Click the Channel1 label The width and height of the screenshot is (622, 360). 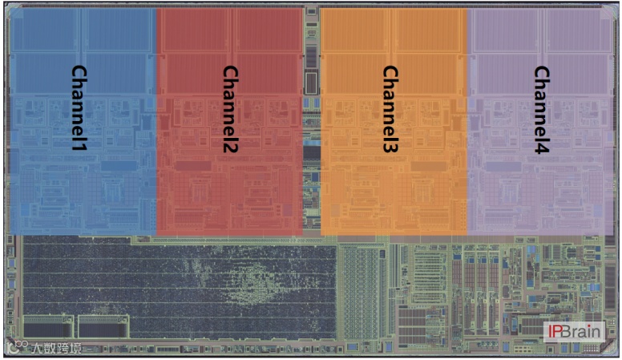[79, 109]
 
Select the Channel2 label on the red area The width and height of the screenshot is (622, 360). [230, 109]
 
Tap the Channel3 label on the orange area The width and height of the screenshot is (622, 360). [390, 109]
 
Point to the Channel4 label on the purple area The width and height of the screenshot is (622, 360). [541, 109]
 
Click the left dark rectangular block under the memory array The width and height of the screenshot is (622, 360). [49, 326]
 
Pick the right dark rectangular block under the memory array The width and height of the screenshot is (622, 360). [103, 326]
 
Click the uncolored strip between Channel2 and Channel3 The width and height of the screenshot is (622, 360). [312, 120]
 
